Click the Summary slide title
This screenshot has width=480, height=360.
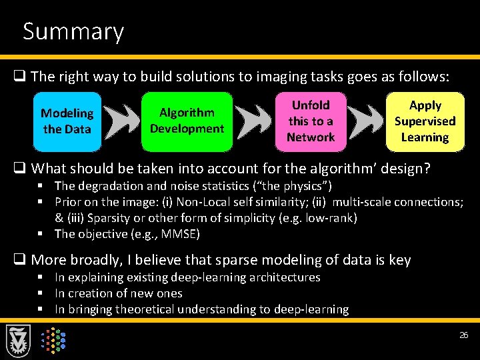(x=73, y=31)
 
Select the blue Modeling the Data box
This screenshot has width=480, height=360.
(x=67, y=121)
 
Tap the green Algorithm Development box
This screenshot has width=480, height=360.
(x=187, y=121)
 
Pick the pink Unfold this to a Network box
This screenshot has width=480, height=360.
(x=311, y=121)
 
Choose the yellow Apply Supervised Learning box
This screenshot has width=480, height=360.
(x=425, y=121)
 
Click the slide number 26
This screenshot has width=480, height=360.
(x=464, y=335)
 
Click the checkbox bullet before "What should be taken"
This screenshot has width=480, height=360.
(x=23, y=168)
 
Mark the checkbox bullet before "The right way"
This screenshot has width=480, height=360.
(x=23, y=77)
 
